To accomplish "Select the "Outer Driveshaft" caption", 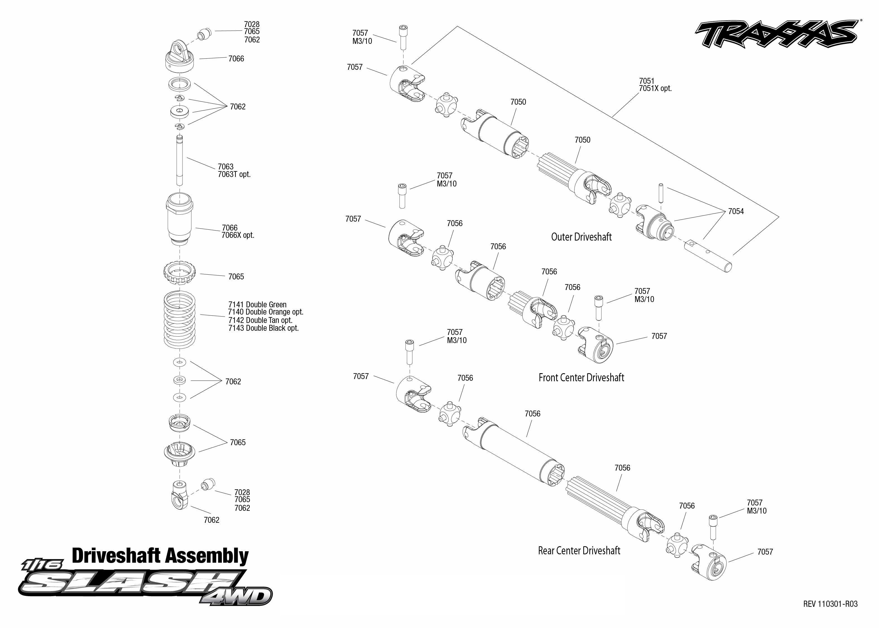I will (581, 237).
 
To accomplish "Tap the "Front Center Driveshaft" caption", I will (581, 378).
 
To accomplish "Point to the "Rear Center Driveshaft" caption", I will (579, 551).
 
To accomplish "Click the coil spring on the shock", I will (179, 319).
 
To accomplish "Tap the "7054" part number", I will (736, 212).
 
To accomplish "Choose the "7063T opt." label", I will (234, 174).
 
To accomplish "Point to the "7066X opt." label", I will (238, 235).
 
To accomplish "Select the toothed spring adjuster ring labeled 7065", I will (180, 273).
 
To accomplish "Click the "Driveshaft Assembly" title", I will (160, 556).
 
